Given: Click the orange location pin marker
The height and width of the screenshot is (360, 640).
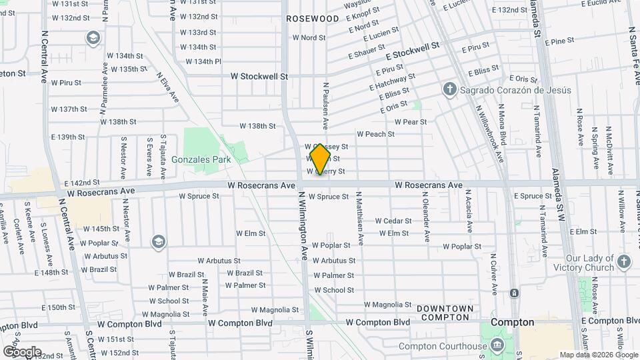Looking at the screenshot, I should click(x=320, y=159).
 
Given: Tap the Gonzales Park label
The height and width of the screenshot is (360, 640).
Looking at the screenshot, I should click(x=201, y=159).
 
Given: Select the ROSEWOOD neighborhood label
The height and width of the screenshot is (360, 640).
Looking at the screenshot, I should click(x=313, y=19).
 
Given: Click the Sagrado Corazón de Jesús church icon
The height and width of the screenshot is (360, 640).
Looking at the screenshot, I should click(x=450, y=90).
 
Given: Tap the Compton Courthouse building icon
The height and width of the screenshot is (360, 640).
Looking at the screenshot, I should click(x=497, y=345).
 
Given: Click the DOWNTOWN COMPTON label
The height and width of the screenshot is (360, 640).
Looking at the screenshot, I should click(x=445, y=313).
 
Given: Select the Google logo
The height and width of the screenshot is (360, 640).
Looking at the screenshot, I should click(x=22, y=351).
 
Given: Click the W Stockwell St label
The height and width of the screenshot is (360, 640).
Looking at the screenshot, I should click(x=259, y=77).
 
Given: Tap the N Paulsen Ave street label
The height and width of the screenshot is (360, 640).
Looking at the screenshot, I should click(x=326, y=105).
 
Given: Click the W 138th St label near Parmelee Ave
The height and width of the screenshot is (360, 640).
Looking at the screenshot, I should click(x=118, y=122).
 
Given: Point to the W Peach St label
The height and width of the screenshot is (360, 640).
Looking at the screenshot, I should click(x=375, y=134).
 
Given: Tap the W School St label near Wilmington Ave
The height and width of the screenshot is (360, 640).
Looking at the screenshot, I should click(x=333, y=290).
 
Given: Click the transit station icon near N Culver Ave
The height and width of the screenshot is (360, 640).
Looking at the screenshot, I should click(x=515, y=293).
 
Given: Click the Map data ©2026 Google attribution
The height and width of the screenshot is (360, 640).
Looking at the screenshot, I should click(x=598, y=355).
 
